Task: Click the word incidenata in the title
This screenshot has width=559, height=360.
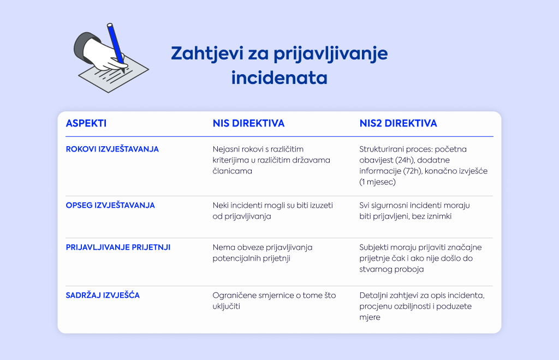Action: (x=279, y=77)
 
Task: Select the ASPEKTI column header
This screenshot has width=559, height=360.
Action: (x=86, y=123)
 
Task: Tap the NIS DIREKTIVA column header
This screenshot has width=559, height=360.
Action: (x=248, y=123)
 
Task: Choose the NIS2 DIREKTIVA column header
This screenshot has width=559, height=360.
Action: (x=398, y=123)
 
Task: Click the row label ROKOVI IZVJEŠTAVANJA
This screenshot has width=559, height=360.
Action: (x=112, y=149)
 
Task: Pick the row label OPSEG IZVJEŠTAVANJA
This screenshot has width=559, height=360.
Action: (x=110, y=206)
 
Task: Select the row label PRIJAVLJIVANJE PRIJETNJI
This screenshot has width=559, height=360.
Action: (x=118, y=248)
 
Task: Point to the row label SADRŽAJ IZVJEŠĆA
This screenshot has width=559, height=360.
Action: (x=103, y=295)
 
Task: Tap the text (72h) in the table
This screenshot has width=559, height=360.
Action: (x=413, y=171)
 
